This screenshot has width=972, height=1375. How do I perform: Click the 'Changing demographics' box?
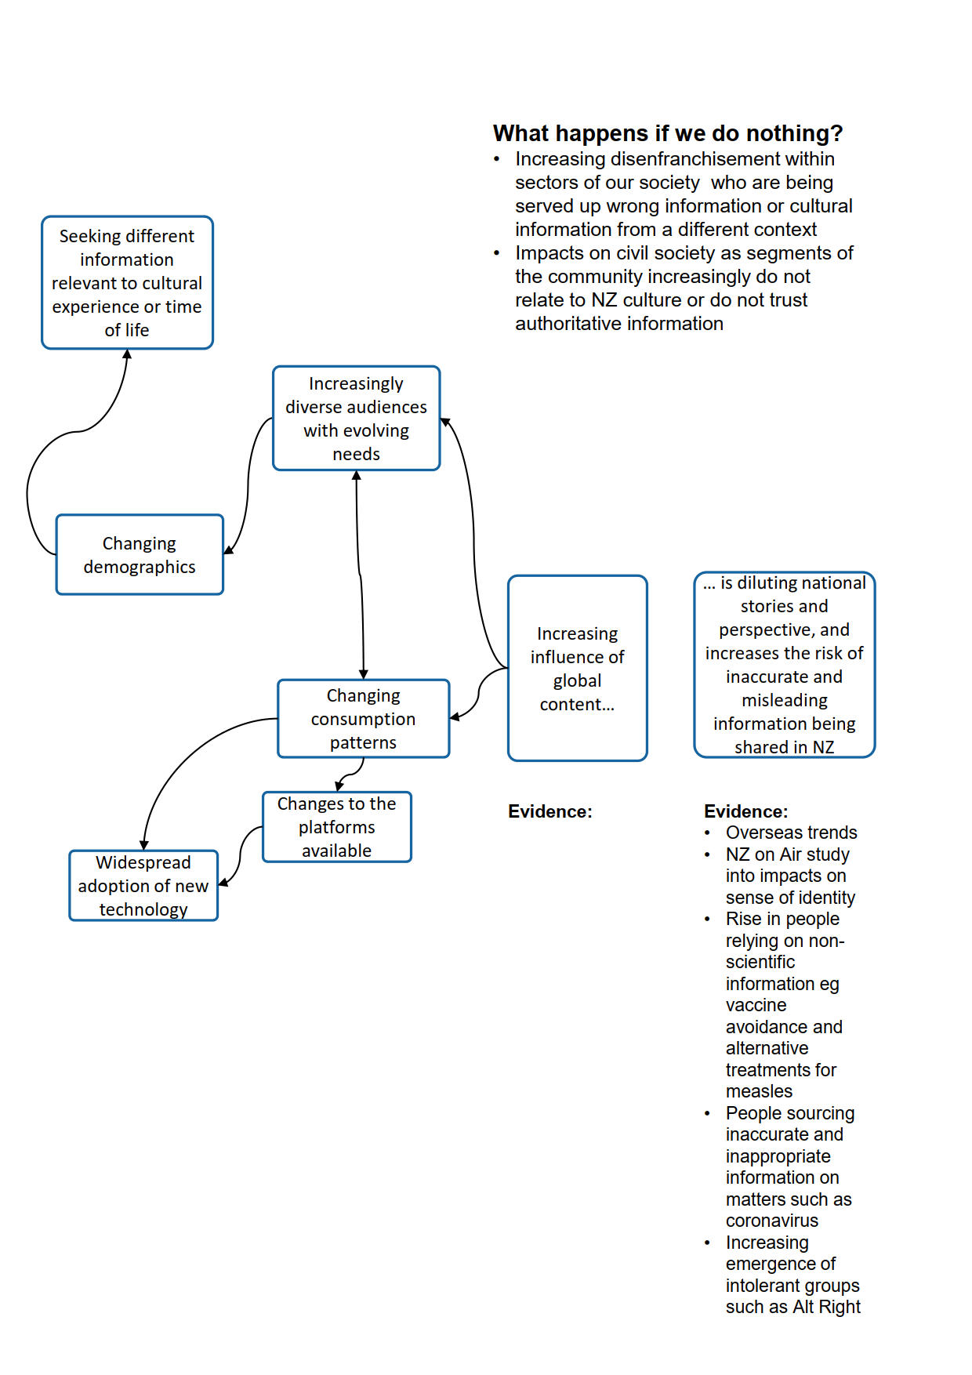click(140, 555)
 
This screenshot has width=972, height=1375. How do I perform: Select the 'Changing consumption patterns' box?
click(363, 719)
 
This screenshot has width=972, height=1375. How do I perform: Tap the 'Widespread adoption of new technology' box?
click(143, 886)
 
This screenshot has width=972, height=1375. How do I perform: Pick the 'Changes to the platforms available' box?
click(336, 827)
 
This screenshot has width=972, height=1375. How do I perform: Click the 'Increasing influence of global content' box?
click(577, 669)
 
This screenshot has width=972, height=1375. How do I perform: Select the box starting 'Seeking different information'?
click(127, 282)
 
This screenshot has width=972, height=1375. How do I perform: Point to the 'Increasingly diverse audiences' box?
click(356, 419)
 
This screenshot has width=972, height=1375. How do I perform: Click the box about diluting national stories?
click(784, 665)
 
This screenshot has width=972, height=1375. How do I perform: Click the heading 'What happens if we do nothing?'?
click(668, 133)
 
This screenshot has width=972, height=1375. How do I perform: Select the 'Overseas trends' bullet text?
click(791, 833)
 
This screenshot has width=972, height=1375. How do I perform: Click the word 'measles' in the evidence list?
click(759, 1091)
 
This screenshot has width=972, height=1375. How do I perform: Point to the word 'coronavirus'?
click(771, 1221)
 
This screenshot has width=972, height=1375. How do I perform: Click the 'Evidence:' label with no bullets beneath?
click(549, 811)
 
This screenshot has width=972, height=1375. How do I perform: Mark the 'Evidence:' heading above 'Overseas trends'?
click(745, 811)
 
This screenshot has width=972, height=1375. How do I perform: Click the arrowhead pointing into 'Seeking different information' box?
click(127, 354)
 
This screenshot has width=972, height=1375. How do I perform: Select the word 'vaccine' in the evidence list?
click(756, 1005)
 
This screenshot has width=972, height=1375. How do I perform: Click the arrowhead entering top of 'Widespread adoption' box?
click(144, 844)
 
